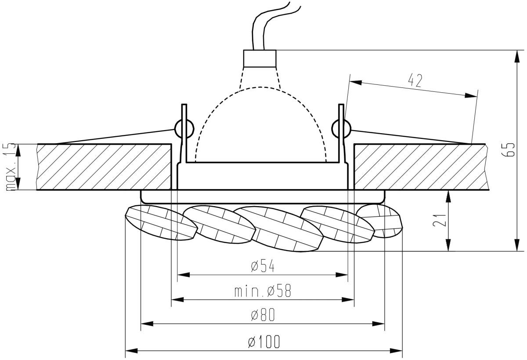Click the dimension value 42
[415, 80]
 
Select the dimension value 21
[440, 220]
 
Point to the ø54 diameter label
[263, 266]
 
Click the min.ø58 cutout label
[263, 291]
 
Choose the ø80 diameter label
[263, 315]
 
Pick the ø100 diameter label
[264, 342]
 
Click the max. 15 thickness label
[11, 167]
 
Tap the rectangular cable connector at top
[260, 58]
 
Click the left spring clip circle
[184, 129]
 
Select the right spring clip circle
[341, 129]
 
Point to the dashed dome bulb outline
[261, 87]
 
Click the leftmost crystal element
[161, 223]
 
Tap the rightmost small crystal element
[379, 221]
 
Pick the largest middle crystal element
[279, 229]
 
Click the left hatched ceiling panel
[104, 167]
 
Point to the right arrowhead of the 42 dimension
[471, 95]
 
